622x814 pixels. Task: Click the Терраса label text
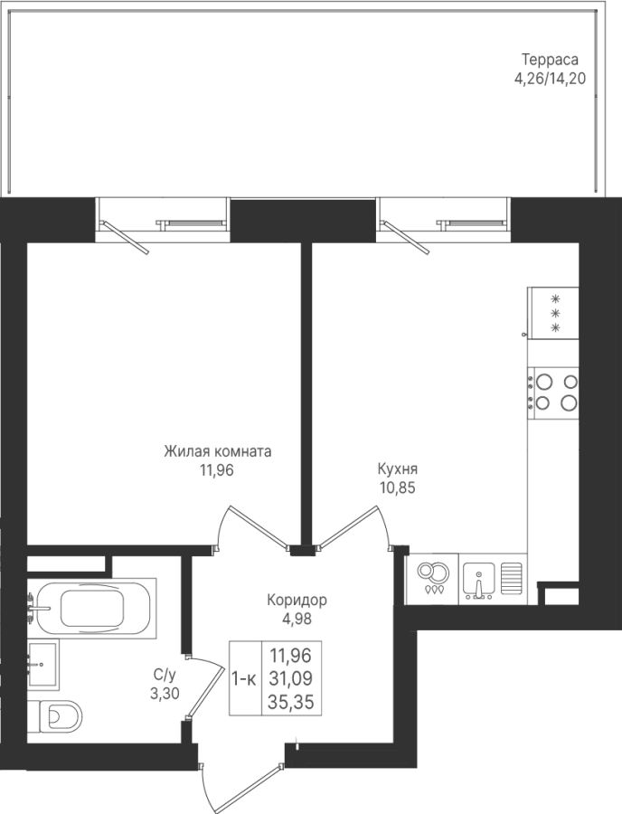point(550,59)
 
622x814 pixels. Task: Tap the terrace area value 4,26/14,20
point(550,79)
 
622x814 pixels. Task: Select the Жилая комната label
point(217,451)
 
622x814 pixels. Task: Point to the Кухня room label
point(398,469)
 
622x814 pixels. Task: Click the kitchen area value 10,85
point(398,488)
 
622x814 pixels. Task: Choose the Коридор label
point(297,601)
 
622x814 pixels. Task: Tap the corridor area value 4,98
point(297,620)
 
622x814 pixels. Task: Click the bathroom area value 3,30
point(165,694)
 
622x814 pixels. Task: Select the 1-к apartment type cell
point(244,679)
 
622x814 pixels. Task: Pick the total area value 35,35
point(290,703)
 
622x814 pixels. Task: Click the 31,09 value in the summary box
point(290,679)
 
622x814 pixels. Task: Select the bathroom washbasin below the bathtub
point(43,665)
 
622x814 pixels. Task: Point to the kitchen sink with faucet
point(479,580)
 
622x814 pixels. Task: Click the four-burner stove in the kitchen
point(553,393)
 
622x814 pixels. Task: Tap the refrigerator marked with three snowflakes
point(552,313)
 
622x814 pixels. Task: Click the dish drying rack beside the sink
point(512,578)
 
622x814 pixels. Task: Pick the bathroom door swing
point(204,684)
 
